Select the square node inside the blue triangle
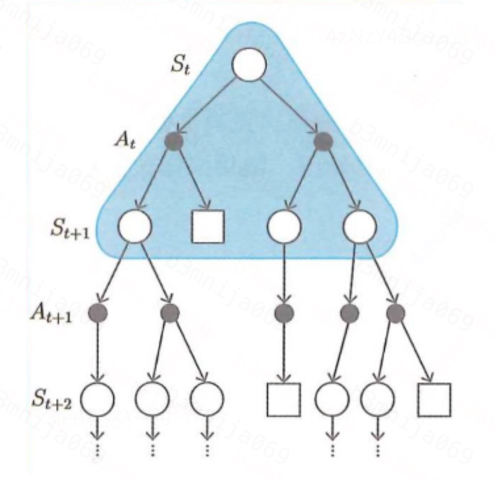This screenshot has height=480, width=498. coord(208,226)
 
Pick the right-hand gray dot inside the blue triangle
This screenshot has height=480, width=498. coord(323,141)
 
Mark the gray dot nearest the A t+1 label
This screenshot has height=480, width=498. coord(98,313)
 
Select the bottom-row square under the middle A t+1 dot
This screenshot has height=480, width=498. coord(284,399)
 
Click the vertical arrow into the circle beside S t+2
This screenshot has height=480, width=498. coord(98,352)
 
